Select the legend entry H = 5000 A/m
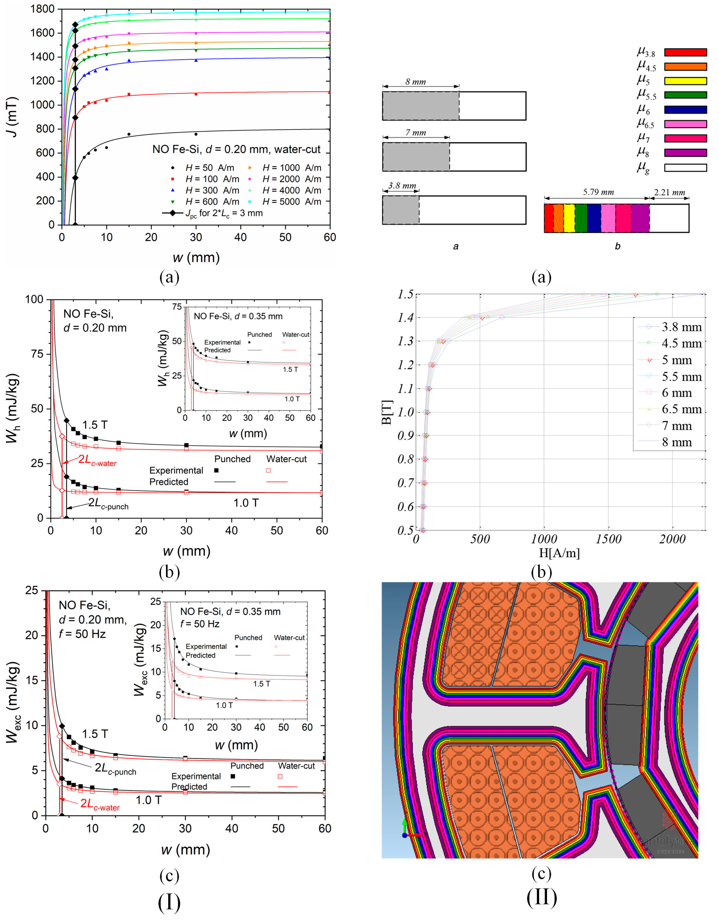[291, 202]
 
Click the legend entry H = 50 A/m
[209, 168]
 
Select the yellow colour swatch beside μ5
[685, 81]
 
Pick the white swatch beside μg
[685, 168]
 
